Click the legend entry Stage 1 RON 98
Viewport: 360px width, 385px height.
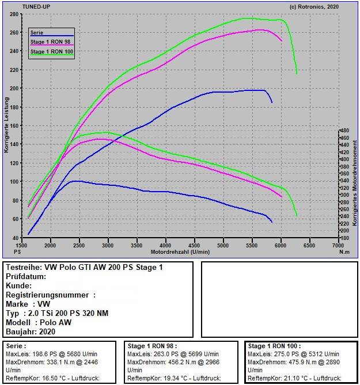[51, 42]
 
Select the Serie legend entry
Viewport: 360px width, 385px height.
[37, 33]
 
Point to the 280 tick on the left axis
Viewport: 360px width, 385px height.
[14, 14]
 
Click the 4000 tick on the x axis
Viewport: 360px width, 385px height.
[165, 246]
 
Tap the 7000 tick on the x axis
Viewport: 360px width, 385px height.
[338, 246]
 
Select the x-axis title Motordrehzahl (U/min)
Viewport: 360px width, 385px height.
[180, 252]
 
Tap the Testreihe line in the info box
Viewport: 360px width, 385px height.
[84, 268]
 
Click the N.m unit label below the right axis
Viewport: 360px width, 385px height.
[344, 252]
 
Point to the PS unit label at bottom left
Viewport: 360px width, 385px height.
[17, 252]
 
